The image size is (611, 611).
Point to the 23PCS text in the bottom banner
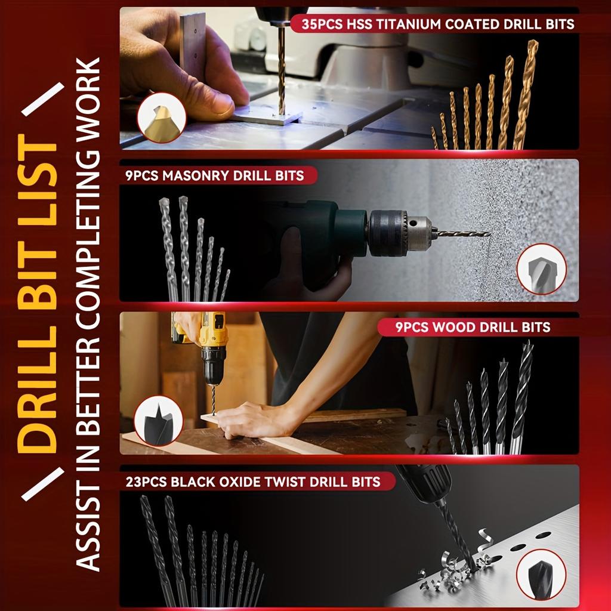146,481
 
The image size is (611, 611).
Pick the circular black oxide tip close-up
541,574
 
